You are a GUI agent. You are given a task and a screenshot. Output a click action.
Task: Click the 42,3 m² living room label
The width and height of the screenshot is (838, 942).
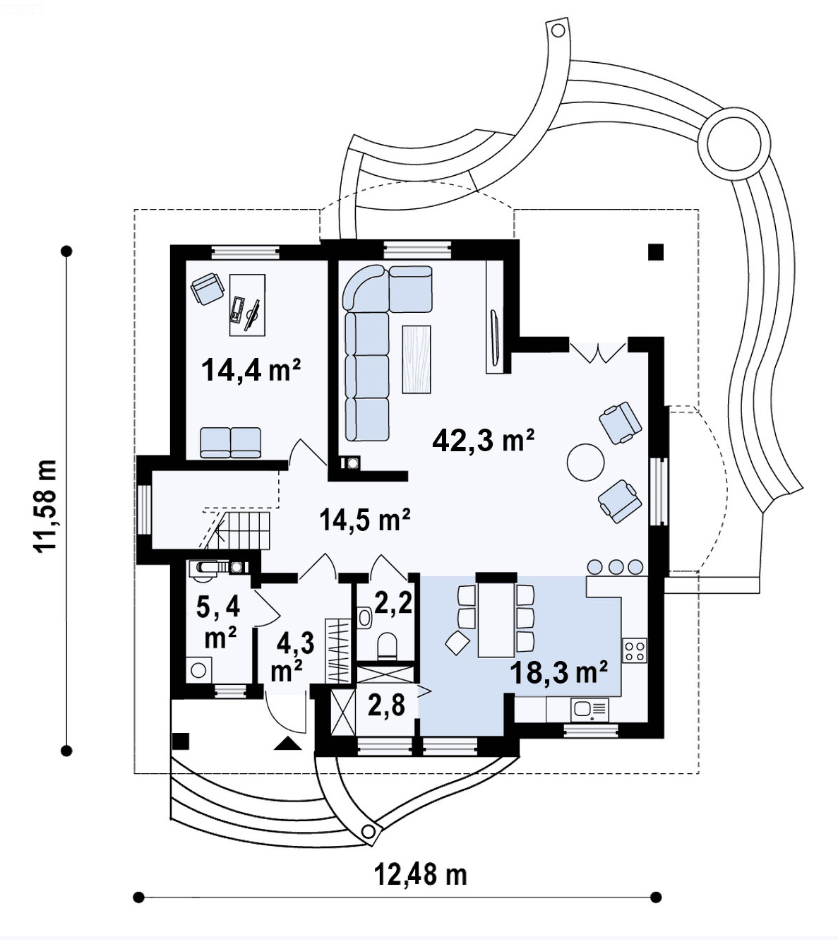coord(483,440)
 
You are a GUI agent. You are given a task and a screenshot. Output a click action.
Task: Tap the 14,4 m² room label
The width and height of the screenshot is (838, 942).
coord(251,369)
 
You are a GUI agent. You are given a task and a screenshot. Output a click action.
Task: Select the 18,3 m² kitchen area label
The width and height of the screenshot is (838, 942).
coord(559,672)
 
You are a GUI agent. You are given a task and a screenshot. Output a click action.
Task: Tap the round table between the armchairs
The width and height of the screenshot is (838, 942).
coord(585,463)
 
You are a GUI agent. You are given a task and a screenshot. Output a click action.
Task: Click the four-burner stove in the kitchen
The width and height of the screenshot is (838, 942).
coord(635,650)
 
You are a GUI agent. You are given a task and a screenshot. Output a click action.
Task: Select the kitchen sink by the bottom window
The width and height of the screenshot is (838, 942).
coord(589,708)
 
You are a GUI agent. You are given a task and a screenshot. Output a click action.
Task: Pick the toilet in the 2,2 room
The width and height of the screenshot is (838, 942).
coord(388,645)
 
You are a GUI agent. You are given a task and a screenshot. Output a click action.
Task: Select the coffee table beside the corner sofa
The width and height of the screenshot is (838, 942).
coord(416,358)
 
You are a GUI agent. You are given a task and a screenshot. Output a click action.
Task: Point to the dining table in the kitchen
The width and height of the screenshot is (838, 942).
coord(496,619)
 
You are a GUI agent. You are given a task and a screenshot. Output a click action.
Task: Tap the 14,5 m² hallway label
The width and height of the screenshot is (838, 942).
coord(364,520)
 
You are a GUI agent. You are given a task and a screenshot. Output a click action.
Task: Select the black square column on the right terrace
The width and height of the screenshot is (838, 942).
coord(657,252)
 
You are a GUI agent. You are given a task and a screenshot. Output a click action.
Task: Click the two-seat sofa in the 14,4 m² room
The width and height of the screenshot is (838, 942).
coord(230,442)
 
